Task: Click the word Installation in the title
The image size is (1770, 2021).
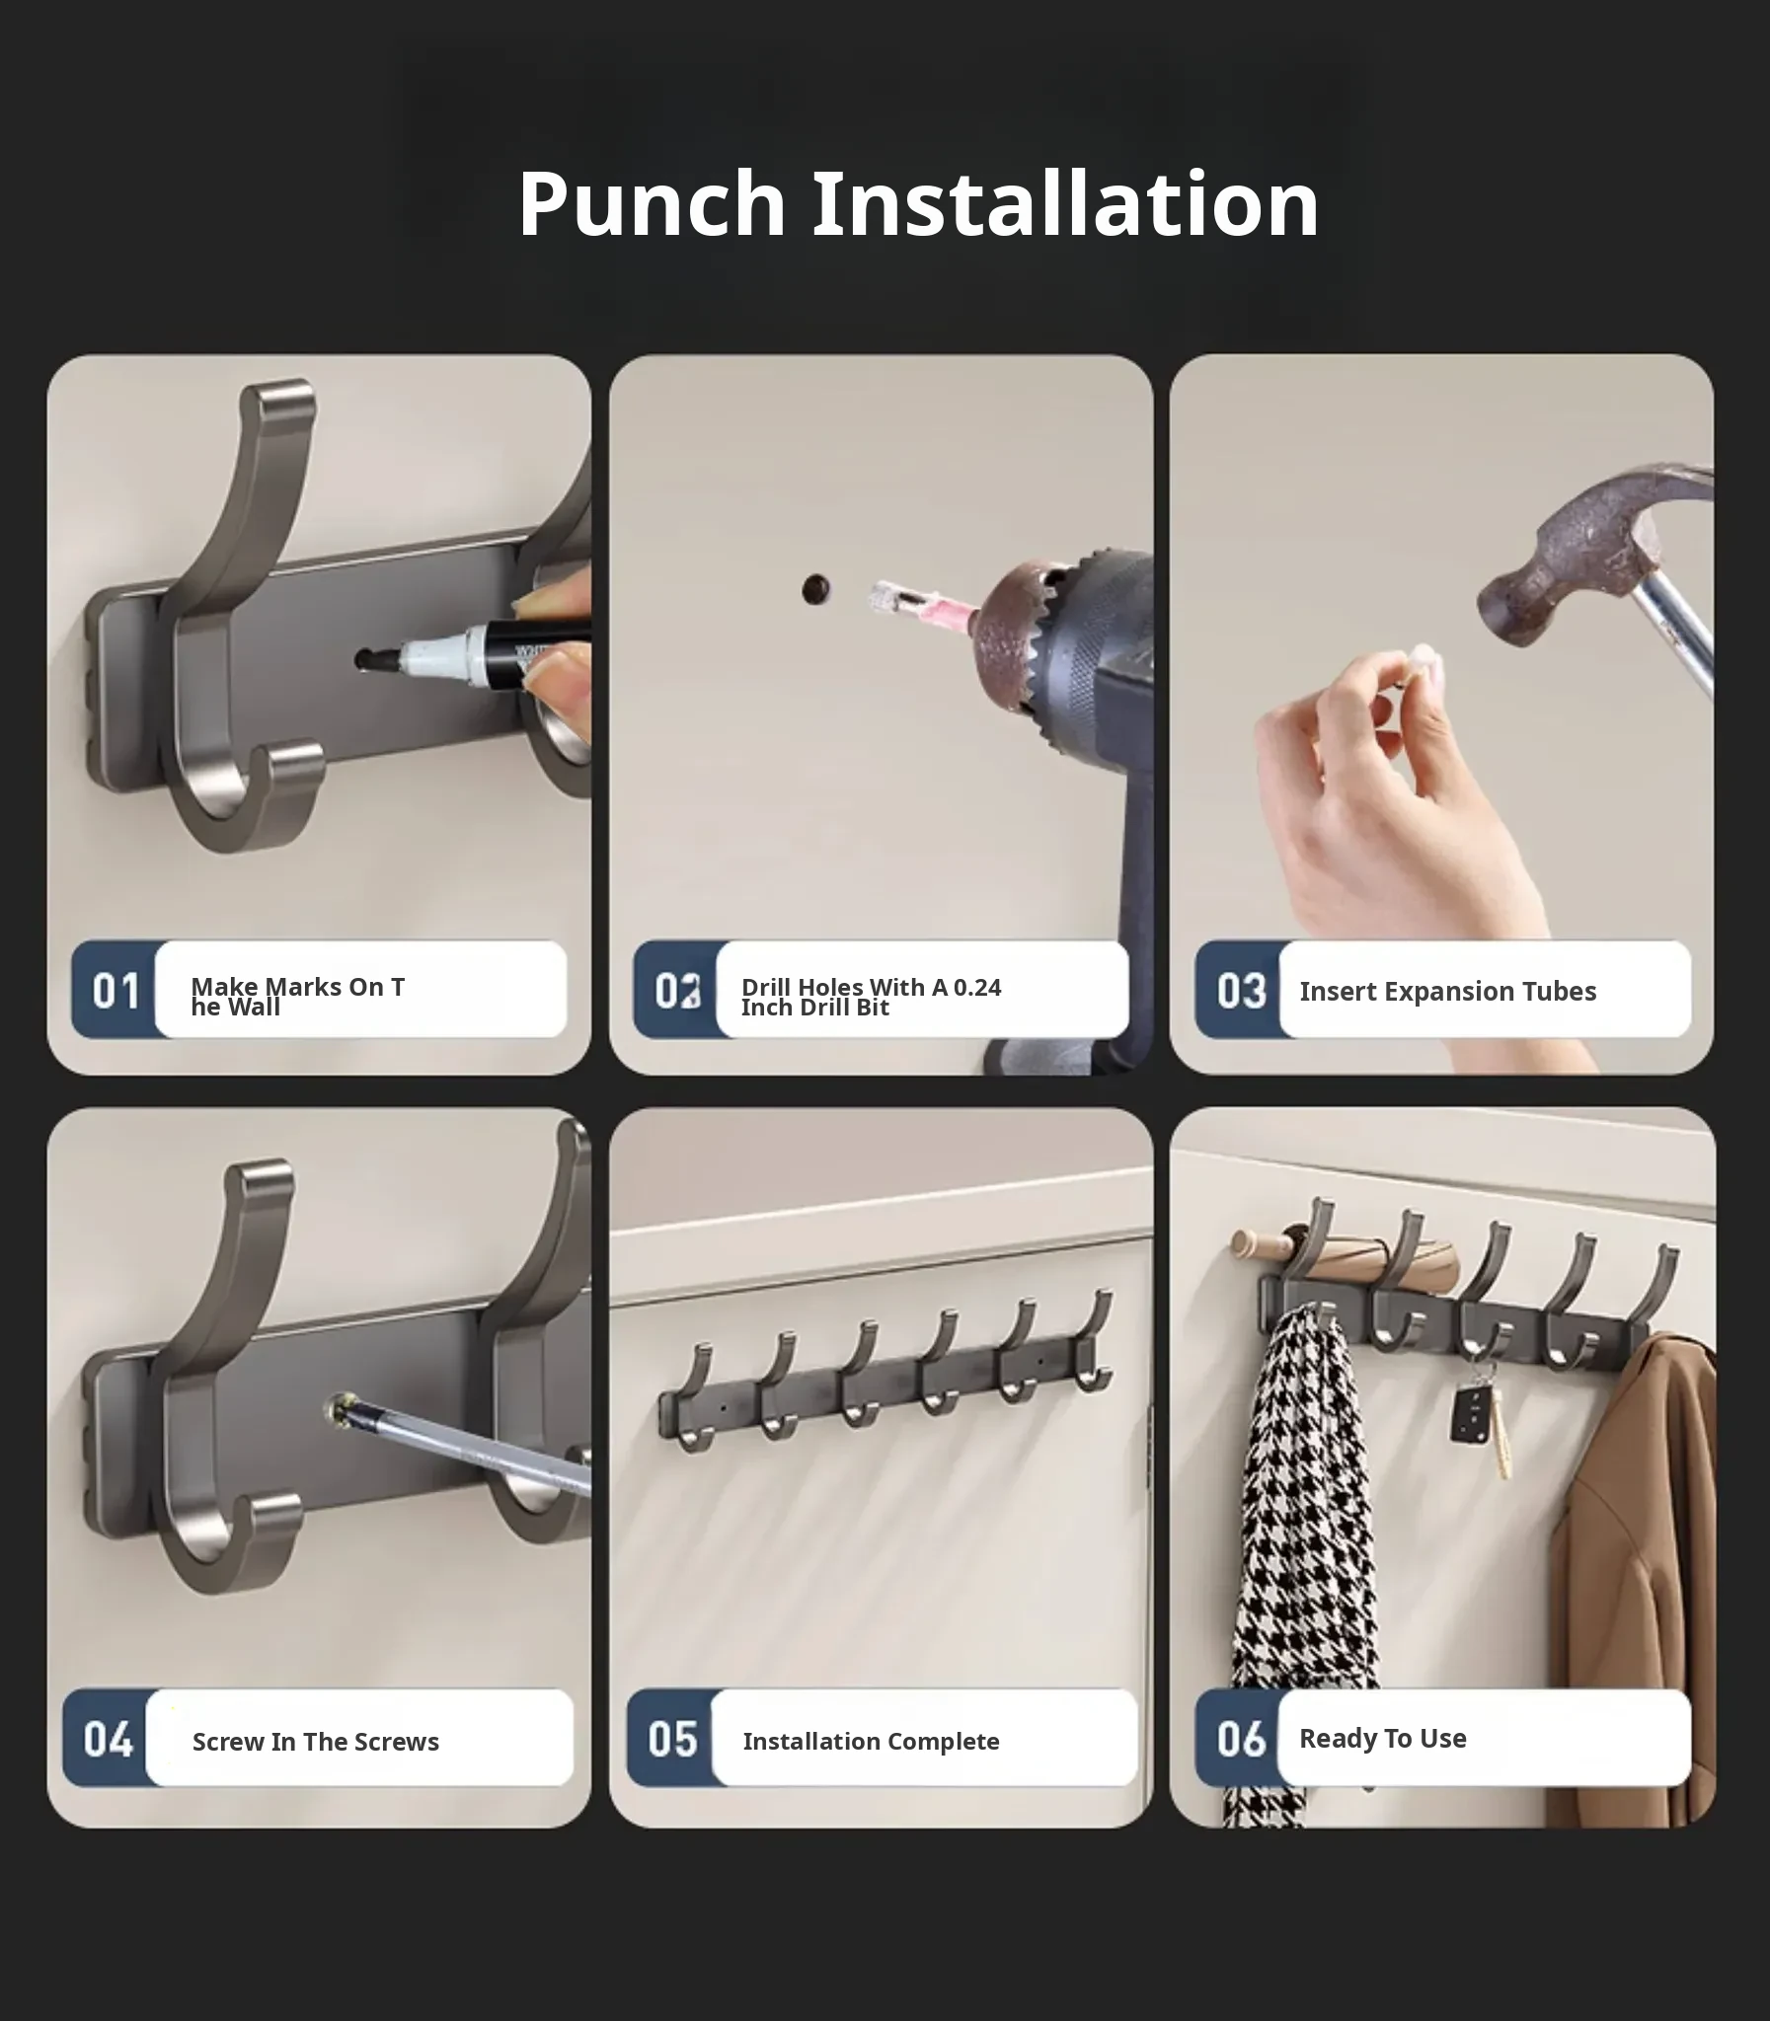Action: pyautogui.click(x=1066, y=203)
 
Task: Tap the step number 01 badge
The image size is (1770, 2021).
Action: pyautogui.click(x=115, y=990)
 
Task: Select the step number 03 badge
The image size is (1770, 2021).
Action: pyautogui.click(x=1240, y=990)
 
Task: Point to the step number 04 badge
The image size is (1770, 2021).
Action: pyautogui.click(x=107, y=1739)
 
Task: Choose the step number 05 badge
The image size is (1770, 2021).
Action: pyautogui.click(x=671, y=1739)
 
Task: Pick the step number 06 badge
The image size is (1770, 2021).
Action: pyautogui.click(x=1240, y=1739)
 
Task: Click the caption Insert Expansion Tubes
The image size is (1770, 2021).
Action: pyautogui.click(x=1447, y=991)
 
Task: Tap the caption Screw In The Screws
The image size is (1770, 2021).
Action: pyautogui.click(x=315, y=1742)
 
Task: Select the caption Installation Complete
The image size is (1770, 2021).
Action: pyautogui.click(x=871, y=1742)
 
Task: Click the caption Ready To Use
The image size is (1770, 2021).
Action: pyautogui.click(x=1382, y=1739)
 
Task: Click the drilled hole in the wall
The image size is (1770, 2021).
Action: pyautogui.click(x=815, y=589)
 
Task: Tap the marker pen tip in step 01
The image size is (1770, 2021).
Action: pyautogui.click(x=367, y=658)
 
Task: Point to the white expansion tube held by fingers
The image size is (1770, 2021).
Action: pyautogui.click(x=1420, y=663)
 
